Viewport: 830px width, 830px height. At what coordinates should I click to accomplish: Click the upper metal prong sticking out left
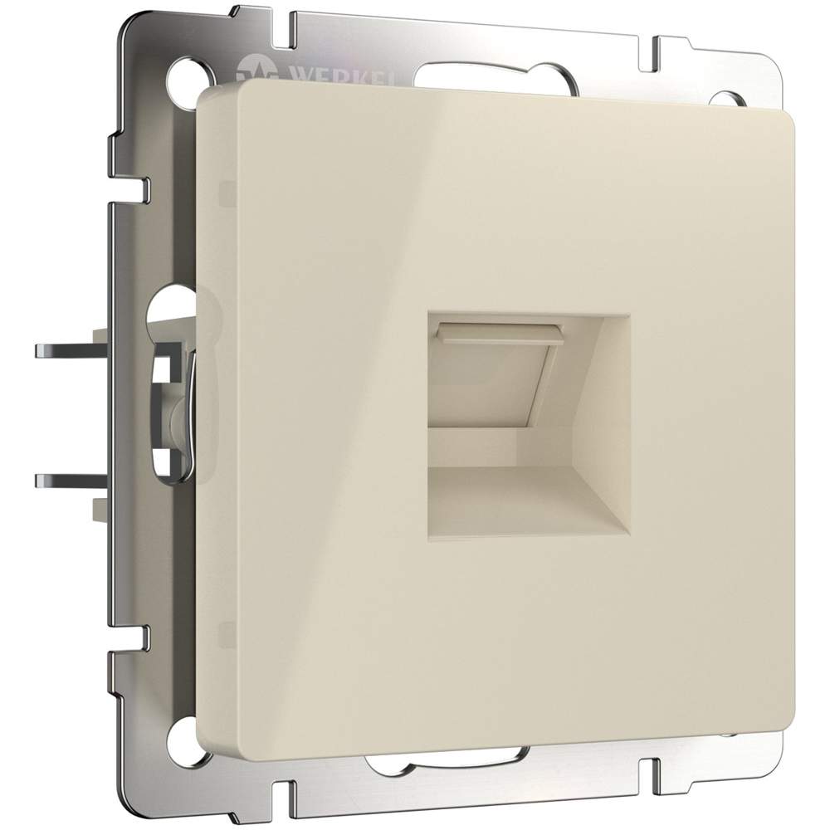[71, 351]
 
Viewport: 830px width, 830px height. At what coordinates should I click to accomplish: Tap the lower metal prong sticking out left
[71, 480]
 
